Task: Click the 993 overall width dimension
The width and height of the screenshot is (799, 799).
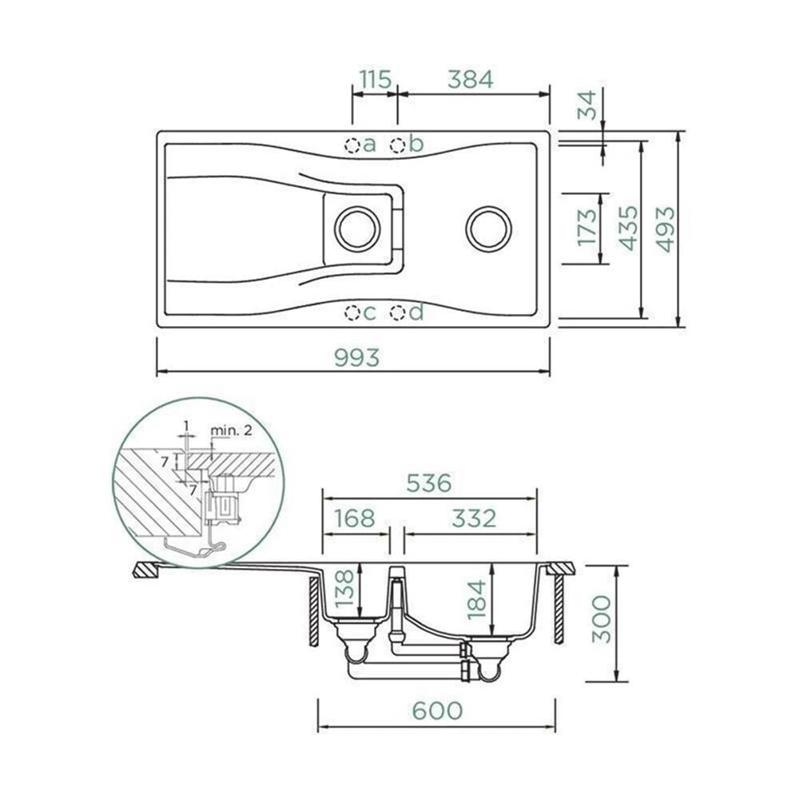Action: (356, 357)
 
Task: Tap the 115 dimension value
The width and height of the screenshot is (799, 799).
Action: (376, 79)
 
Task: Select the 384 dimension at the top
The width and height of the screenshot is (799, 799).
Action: (471, 79)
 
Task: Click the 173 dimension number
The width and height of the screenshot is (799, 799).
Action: (586, 227)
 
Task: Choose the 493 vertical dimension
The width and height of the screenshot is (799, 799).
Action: (665, 229)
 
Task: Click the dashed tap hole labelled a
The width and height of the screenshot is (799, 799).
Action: (352, 145)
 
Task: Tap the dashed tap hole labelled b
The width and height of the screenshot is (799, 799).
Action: (397, 145)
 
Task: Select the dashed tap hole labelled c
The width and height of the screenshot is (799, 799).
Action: (352, 312)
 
